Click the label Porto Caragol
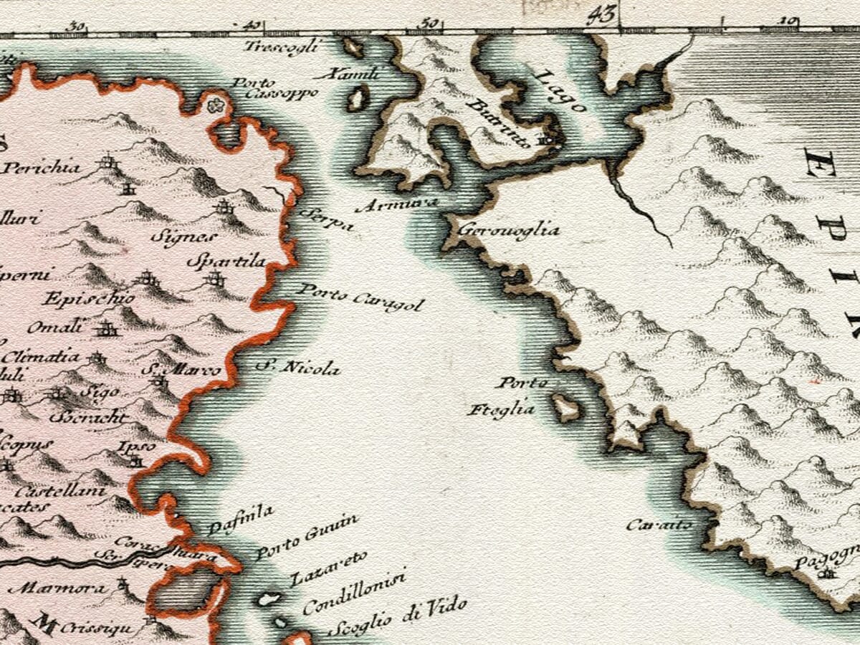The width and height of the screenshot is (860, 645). [360, 297]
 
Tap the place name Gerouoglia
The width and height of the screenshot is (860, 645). [508, 231]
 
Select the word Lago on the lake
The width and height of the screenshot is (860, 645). [561, 91]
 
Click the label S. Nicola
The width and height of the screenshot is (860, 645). [299, 368]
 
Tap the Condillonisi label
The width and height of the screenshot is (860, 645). [354, 593]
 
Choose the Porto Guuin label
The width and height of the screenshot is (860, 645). [307, 542]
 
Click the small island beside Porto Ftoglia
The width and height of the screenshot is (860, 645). [566, 408]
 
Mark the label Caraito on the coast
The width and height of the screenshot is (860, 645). [659, 525]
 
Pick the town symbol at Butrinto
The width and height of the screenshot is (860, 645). [548, 140]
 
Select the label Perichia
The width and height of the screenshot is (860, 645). [42, 168]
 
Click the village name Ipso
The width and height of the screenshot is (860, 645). [127, 447]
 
